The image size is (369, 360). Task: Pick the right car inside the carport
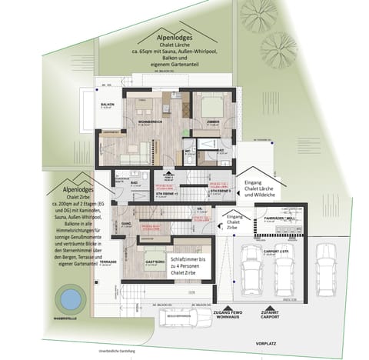coord(284,270)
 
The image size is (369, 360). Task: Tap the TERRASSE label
coord(107,261)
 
